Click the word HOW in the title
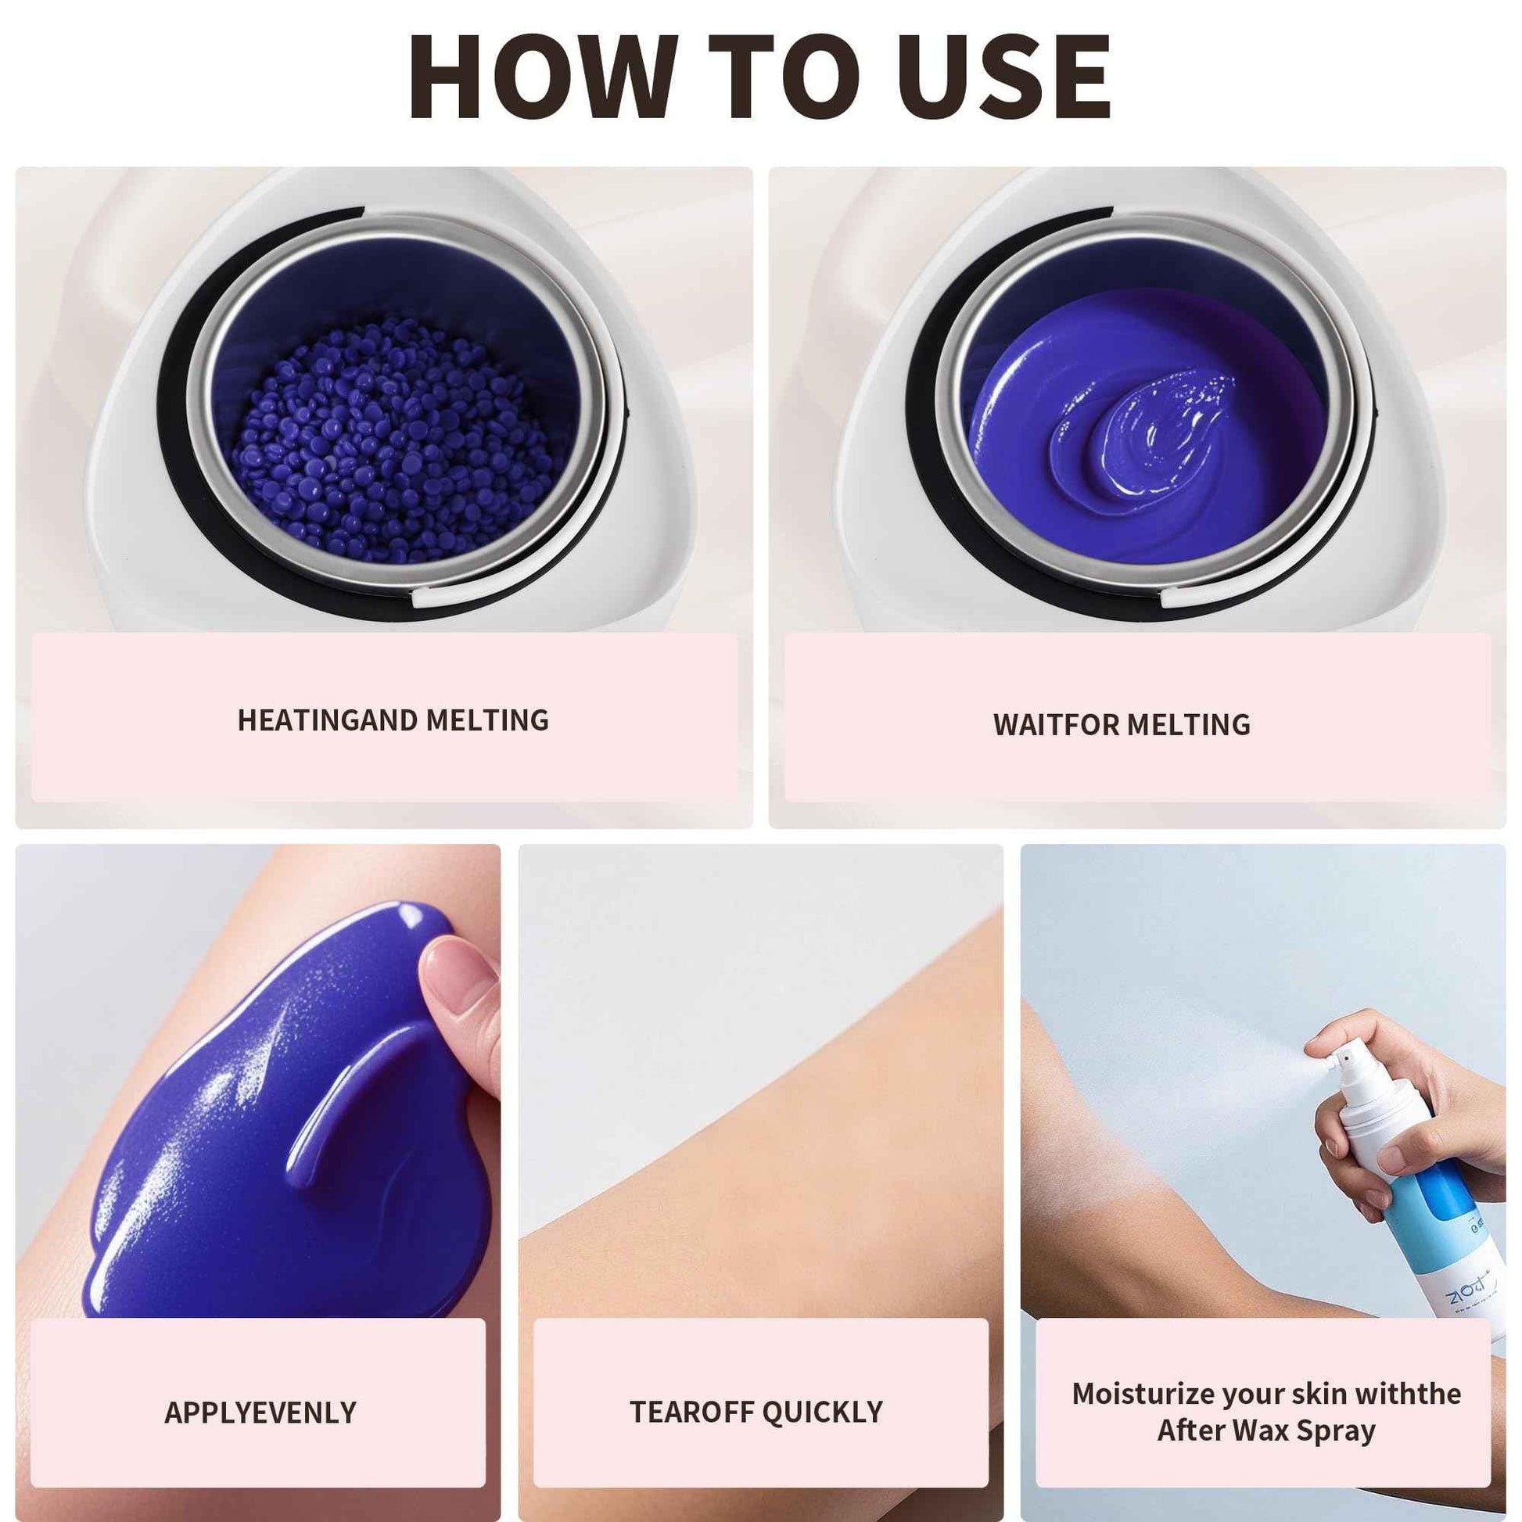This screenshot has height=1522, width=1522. [543, 77]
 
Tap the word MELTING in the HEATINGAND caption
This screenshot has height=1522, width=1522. [486, 720]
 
